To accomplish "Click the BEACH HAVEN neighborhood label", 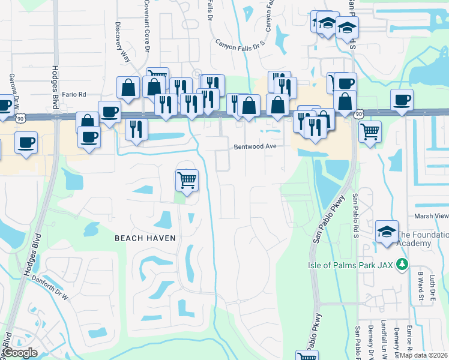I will pyautogui.click(x=145, y=238).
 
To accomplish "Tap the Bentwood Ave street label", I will pyautogui.click(x=255, y=146).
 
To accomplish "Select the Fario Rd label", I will pyautogui.click(x=73, y=94).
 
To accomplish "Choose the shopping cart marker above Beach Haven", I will pyautogui.click(x=187, y=180).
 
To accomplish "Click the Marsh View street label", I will pyautogui.click(x=431, y=216).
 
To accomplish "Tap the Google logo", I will pyautogui.click(x=20, y=353).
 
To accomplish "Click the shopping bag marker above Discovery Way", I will pyautogui.click(x=128, y=88).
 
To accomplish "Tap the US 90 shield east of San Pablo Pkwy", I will pyautogui.click(x=359, y=113).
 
